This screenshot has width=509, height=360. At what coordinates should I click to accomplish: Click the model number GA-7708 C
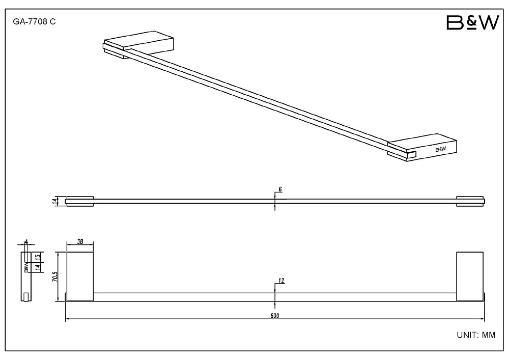tap(34, 21)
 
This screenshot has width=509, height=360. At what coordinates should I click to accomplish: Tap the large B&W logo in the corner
tap(472, 23)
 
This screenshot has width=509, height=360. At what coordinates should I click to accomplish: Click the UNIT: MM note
tap(476, 335)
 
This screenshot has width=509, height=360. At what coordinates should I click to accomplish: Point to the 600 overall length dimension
tap(275, 316)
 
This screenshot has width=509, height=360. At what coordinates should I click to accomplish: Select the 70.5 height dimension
tap(55, 276)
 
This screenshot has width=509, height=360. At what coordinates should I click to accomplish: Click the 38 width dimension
tap(80, 241)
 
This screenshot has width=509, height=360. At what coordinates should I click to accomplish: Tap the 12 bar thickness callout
tap(281, 281)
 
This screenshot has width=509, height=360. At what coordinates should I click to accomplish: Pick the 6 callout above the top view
tap(280, 189)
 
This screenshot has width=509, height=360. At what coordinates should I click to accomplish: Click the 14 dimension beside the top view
tap(56, 201)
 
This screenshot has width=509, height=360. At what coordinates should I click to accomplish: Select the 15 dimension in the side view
tap(38, 257)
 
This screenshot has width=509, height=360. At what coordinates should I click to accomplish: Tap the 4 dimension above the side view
tap(26, 241)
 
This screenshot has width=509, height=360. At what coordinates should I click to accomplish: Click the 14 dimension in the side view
tap(38, 267)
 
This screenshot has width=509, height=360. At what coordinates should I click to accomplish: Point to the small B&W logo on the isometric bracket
tap(440, 149)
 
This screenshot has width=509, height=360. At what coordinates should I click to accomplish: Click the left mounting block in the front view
tap(80, 276)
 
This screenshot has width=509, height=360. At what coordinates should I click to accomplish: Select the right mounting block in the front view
tap(470, 276)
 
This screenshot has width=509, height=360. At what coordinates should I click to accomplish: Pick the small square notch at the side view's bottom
tap(26, 297)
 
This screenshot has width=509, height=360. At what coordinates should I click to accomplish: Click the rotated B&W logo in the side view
tap(26, 267)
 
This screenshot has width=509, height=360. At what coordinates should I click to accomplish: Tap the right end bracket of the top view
tap(470, 201)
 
